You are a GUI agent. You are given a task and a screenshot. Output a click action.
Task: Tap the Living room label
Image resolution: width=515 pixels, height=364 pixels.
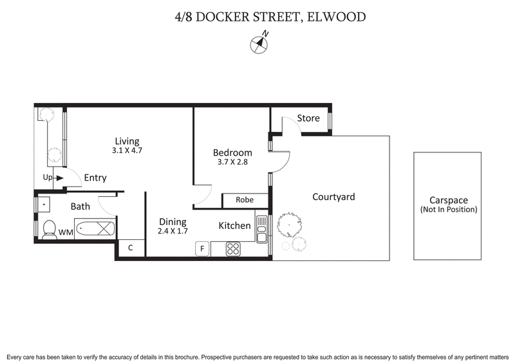[127, 141]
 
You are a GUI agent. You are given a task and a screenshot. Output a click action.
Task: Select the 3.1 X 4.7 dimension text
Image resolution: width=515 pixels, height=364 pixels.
[127, 152]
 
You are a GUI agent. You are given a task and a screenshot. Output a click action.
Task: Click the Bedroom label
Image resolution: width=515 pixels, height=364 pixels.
[232, 152]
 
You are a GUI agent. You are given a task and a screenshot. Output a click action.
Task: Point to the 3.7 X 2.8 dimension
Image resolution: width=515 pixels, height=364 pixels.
[232, 163]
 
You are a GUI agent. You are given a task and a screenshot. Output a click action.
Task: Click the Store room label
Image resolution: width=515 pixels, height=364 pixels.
[308, 118]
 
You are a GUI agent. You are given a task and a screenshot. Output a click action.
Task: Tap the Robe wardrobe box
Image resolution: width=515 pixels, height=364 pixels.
[244, 200]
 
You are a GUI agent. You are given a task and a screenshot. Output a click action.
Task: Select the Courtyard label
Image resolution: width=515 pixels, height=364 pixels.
[333, 197]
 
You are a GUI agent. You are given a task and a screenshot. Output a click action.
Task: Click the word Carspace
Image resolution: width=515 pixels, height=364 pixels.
[448, 200]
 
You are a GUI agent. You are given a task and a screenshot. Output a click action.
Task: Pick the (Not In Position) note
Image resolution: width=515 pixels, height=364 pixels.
[448, 210]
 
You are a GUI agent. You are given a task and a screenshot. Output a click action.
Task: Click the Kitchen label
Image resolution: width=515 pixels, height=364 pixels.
[234, 226]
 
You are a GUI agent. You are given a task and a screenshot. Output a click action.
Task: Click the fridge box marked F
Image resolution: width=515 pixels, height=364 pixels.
[202, 248]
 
